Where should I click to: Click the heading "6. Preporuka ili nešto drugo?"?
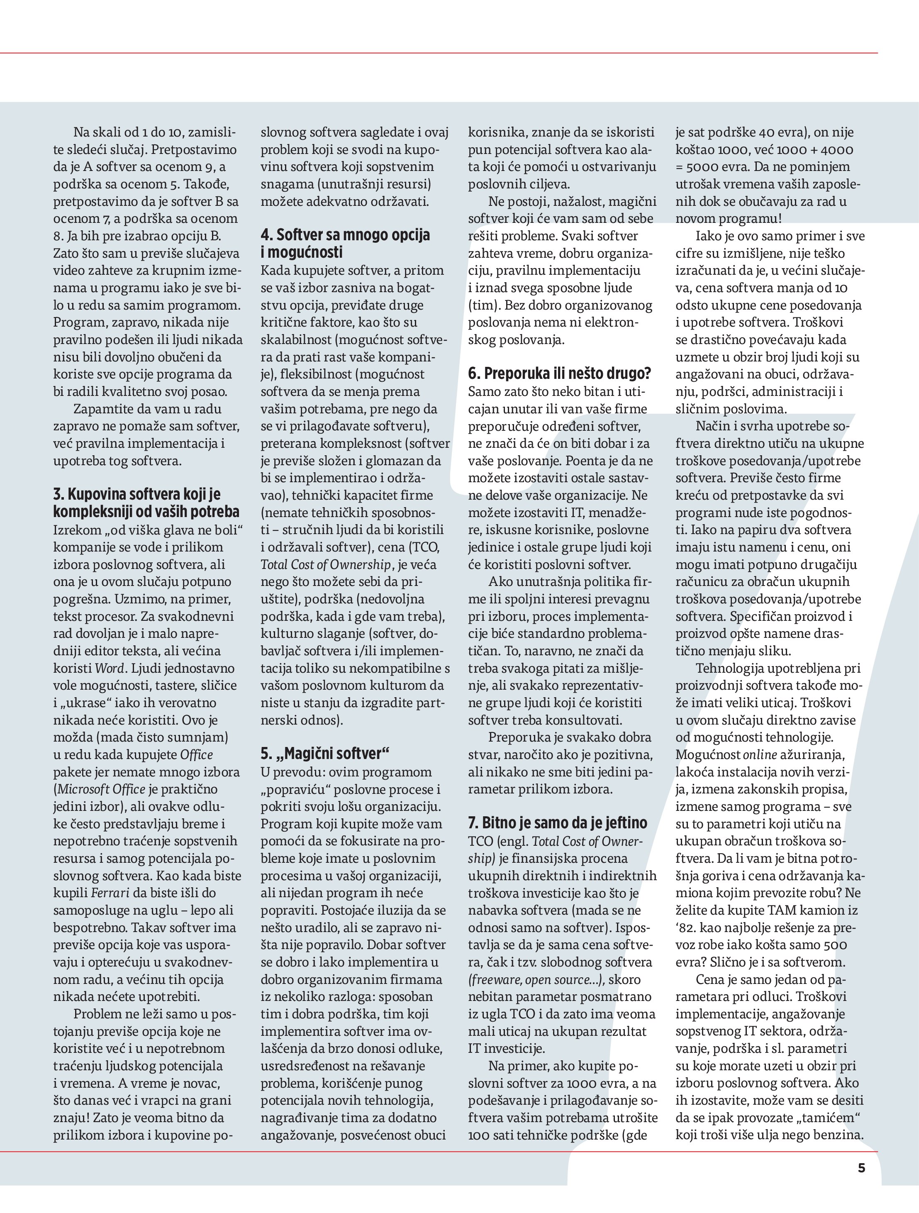tap(559, 374)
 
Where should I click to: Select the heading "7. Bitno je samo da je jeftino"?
tap(557, 822)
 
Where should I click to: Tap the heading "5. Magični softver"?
tap(324, 754)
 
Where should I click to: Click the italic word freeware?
tap(496, 979)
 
